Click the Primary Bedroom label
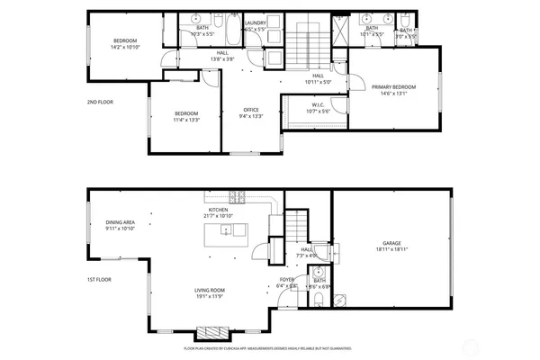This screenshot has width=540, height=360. click(x=390, y=86)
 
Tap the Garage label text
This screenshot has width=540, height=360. click(x=391, y=243)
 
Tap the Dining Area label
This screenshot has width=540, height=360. click(x=120, y=222)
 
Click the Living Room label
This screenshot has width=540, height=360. click(x=211, y=290)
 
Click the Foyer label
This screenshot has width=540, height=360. click(x=287, y=280)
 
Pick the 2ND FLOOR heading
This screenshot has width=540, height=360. click(x=99, y=102)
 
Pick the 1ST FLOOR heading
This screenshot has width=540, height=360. click(x=99, y=280)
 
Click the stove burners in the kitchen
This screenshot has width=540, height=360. click(x=238, y=197)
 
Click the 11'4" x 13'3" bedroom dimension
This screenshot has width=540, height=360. click(x=187, y=118)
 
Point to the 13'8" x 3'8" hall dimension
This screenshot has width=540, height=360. click(x=221, y=58)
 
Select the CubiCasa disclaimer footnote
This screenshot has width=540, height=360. click(x=267, y=346)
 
